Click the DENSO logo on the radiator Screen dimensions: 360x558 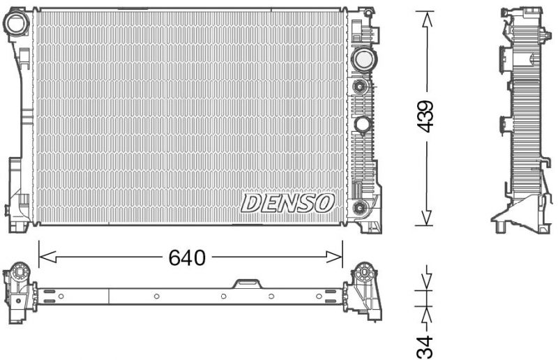[288, 203]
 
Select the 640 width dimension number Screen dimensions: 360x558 [187, 258]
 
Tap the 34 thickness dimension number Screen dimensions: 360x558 [426, 345]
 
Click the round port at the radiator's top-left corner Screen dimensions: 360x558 [15, 24]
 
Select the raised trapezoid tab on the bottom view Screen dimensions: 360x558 [247, 283]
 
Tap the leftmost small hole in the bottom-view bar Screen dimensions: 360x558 [61, 296]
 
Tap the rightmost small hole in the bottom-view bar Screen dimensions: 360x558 [319, 296]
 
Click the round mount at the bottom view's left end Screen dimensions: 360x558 [20, 271]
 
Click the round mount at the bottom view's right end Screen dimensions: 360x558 [364, 272]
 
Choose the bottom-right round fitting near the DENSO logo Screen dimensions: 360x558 [360, 207]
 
